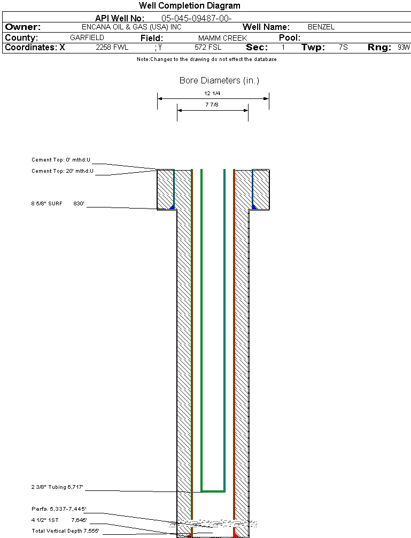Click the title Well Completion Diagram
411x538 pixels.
(190, 5)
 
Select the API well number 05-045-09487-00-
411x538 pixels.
(197, 18)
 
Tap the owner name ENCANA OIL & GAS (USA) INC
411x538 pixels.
(131, 27)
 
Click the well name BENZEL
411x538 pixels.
(321, 27)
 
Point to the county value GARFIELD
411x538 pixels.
(87, 37)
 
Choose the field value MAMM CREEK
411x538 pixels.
(222, 38)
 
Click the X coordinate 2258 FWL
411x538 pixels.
(112, 48)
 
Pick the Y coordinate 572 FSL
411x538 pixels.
(208, 48)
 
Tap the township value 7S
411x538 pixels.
(343, 48)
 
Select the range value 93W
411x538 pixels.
(404, 48)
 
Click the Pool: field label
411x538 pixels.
(290, 38)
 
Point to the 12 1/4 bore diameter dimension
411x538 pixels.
(212, 94)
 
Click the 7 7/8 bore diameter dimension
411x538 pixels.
(212, 105)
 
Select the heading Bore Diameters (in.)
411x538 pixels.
(219, 80)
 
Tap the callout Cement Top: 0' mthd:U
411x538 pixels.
(61, 159)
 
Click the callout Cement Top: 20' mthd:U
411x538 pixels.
(63, 171)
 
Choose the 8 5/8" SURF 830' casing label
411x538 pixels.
(58, 203)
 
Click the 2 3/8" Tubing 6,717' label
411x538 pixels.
(57, 487)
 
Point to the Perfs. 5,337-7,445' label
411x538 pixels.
(59, 509)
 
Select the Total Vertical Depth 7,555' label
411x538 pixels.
(66, 531)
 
